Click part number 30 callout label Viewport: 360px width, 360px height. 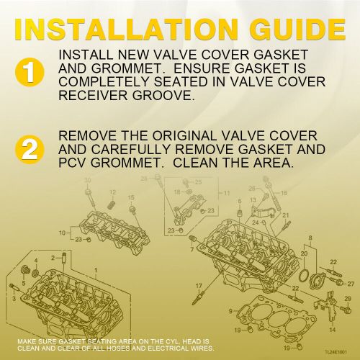coord(88,179)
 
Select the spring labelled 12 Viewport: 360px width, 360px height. coord(112,204)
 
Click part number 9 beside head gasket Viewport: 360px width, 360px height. coord(230,311)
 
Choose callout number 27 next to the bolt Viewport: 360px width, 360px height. coord(351,284)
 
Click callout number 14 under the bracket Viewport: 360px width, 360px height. coord(332,330)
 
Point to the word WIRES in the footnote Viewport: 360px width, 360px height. coord(203,348)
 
